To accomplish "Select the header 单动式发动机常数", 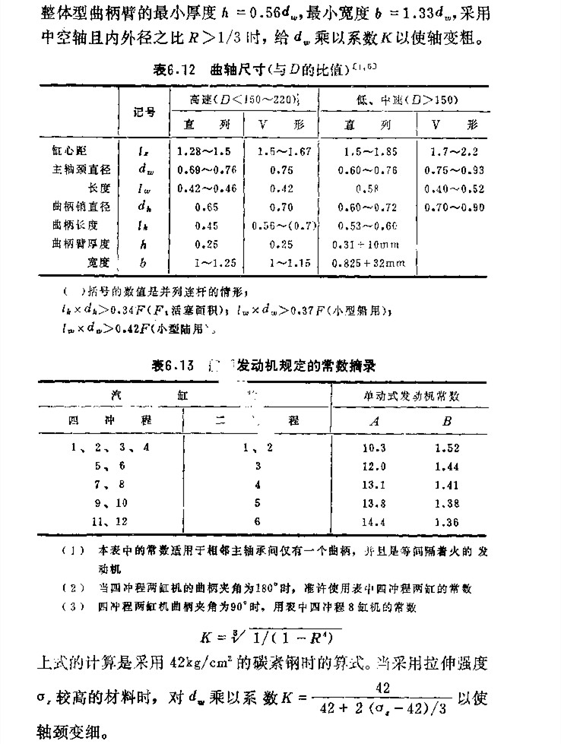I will click(413, 396).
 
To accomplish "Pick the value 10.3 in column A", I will click(376, 448).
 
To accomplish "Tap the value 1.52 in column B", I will click(447, 448).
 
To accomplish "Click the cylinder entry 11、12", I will click(109, 521).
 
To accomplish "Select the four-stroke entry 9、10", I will click(109, 502).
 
